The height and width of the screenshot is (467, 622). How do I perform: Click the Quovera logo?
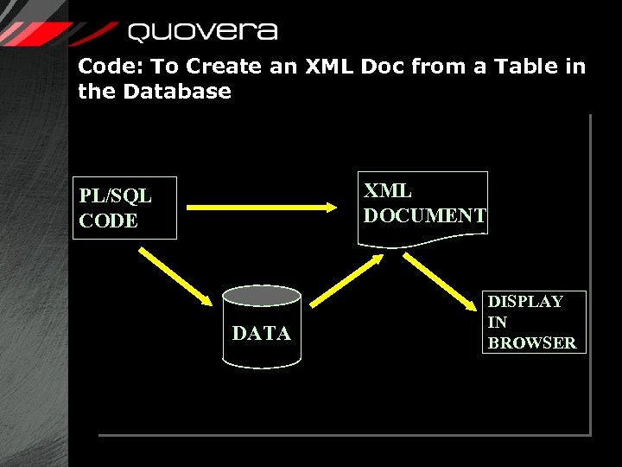point(202,32)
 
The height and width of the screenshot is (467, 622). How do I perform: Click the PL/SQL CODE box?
point(124,208)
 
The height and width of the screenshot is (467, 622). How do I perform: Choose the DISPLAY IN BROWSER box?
point(534,322)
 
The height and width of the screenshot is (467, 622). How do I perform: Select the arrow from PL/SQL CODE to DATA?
point(177,276)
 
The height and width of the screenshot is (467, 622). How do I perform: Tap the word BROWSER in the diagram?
point(532,342)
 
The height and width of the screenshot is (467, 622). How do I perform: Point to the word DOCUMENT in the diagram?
point(425,216)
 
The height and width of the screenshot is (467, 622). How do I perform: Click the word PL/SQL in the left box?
point(115,196)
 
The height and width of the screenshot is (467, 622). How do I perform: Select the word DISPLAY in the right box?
point(525,302)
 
